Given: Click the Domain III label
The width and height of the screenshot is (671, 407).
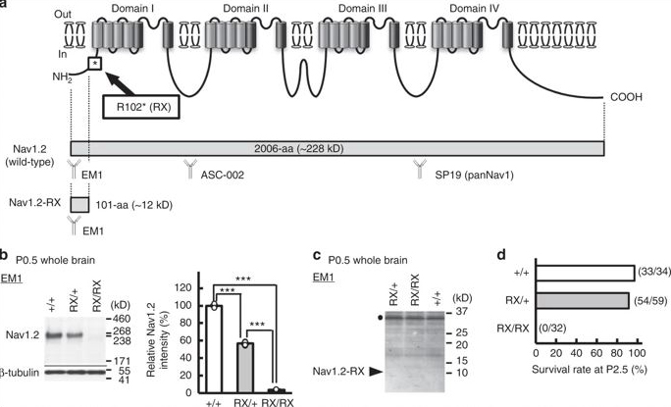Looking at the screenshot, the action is (362, 8).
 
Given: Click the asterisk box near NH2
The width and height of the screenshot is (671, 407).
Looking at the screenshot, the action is (95, 64).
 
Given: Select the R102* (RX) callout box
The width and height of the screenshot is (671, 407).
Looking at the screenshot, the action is (141, 106).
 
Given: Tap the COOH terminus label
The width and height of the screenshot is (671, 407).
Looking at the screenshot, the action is (627, 97).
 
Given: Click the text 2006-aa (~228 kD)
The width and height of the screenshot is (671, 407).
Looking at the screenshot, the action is (298, 149).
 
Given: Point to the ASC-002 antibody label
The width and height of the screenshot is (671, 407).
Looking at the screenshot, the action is (223, 175).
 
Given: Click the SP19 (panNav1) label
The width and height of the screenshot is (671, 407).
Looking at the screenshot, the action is (474, 175).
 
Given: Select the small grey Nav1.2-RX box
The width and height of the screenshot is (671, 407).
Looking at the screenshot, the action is (79, 205).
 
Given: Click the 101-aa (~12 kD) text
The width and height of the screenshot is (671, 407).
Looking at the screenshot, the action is (133, 205).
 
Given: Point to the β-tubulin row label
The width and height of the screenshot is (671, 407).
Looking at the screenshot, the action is (20, 373).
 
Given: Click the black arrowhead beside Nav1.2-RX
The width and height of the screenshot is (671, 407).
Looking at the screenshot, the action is (376, 372).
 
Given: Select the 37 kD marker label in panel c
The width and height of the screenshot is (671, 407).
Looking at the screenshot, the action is (461, 311).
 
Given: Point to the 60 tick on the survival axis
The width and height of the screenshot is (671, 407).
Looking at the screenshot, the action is (597, 354).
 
